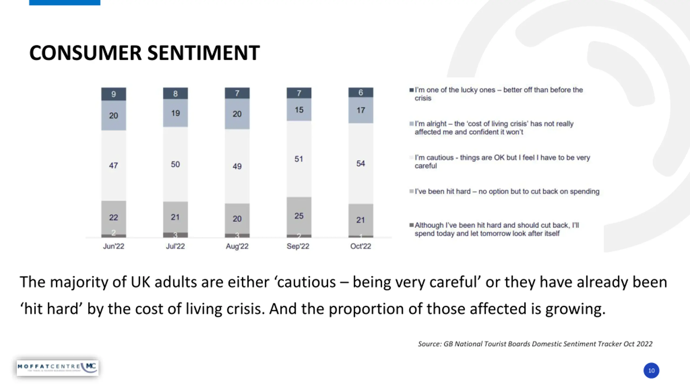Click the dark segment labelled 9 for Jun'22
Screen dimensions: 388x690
click(x=113, y=94)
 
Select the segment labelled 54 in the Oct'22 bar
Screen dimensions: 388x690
click(x=361, y=163)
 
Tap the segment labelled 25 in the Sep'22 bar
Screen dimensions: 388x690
click(x=299, y=216)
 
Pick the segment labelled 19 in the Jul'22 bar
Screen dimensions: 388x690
click(x=175, y=113)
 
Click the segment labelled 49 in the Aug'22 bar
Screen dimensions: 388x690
click(x=237, y=166)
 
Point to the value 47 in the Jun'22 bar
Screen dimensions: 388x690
click(x=113, y=165)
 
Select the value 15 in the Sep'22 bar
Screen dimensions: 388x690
click(x=299, y=110)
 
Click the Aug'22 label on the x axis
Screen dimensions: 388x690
click(x=237, y=246)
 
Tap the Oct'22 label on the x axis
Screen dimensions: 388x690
click(x=361, y=246)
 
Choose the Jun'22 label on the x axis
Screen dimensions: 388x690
click(x=113, y=246)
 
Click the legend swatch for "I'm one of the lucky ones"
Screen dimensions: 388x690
click(x=412, y=90)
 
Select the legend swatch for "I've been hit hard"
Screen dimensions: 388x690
click(x=412, y=191)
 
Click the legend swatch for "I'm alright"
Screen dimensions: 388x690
click(x=412, y=124)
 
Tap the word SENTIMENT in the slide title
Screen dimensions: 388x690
click(x=203, y=53)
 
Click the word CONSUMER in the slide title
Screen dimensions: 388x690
click(x=85, y=53)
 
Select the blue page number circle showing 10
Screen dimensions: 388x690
click(x=651, y=370)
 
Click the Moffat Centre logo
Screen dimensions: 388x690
click(x=57, y=368)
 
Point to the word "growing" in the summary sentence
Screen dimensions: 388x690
click(x=575, y=309)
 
